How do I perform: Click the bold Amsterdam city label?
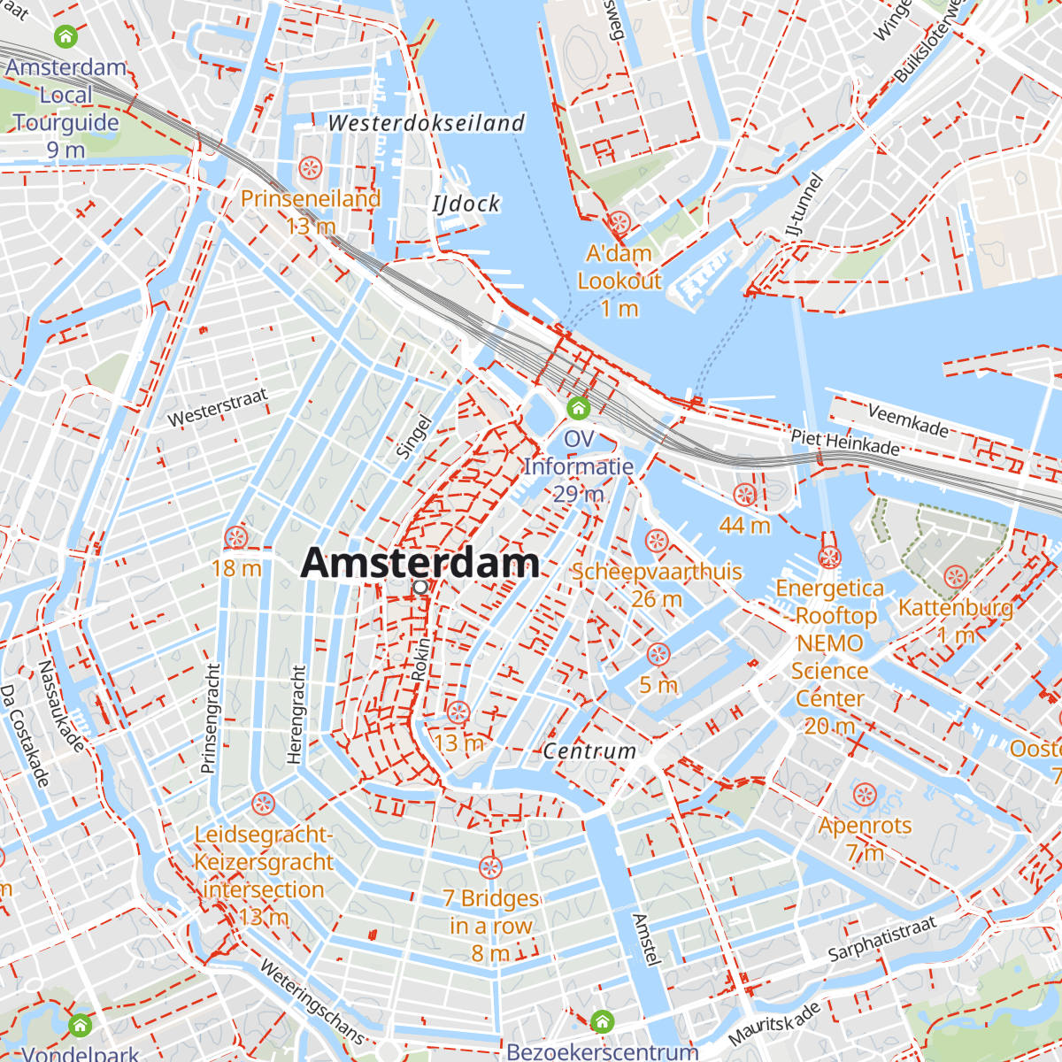click(419, 563)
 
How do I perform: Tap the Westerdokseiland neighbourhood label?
click(427, 123)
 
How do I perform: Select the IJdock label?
click(466, 204)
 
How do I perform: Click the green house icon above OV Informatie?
click(579, 408)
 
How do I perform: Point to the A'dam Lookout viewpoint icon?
click(619, 222)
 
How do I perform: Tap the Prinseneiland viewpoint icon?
click(310, 167)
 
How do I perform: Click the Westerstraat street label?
click(217, 407)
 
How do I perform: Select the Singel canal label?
click(412, 437)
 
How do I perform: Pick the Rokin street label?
click(420, 659)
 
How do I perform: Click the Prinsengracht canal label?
click(210, 719)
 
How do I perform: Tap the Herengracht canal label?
click(296, 715)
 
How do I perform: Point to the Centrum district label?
click(589, 751)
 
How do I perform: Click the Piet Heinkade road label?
click(845, 441)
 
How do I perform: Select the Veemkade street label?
click(908, 420)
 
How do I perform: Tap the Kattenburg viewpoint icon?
click(956, 577)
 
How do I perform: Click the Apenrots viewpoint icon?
click(865, 794)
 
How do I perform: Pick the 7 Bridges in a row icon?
click(490, 867)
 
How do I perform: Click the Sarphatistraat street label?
click(881, 940)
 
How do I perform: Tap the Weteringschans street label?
click(312, 1000)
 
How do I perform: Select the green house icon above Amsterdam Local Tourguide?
click(66, 36)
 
